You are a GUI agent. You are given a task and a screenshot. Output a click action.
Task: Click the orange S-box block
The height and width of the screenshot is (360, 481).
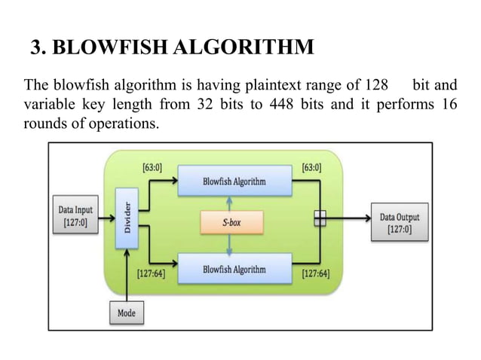pos(231,223)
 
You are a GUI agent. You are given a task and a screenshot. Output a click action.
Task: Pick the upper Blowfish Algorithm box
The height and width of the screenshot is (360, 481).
pos(234,182)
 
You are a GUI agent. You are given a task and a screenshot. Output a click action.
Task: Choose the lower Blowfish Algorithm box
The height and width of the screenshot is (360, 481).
pos(234,268)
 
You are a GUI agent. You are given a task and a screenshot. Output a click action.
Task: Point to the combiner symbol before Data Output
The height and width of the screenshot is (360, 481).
pos(320,218)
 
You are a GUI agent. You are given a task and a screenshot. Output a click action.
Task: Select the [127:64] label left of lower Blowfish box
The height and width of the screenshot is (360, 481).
pos(151,275)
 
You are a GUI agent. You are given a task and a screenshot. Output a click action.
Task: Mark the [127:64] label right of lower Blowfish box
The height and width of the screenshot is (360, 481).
pos(314,275)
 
